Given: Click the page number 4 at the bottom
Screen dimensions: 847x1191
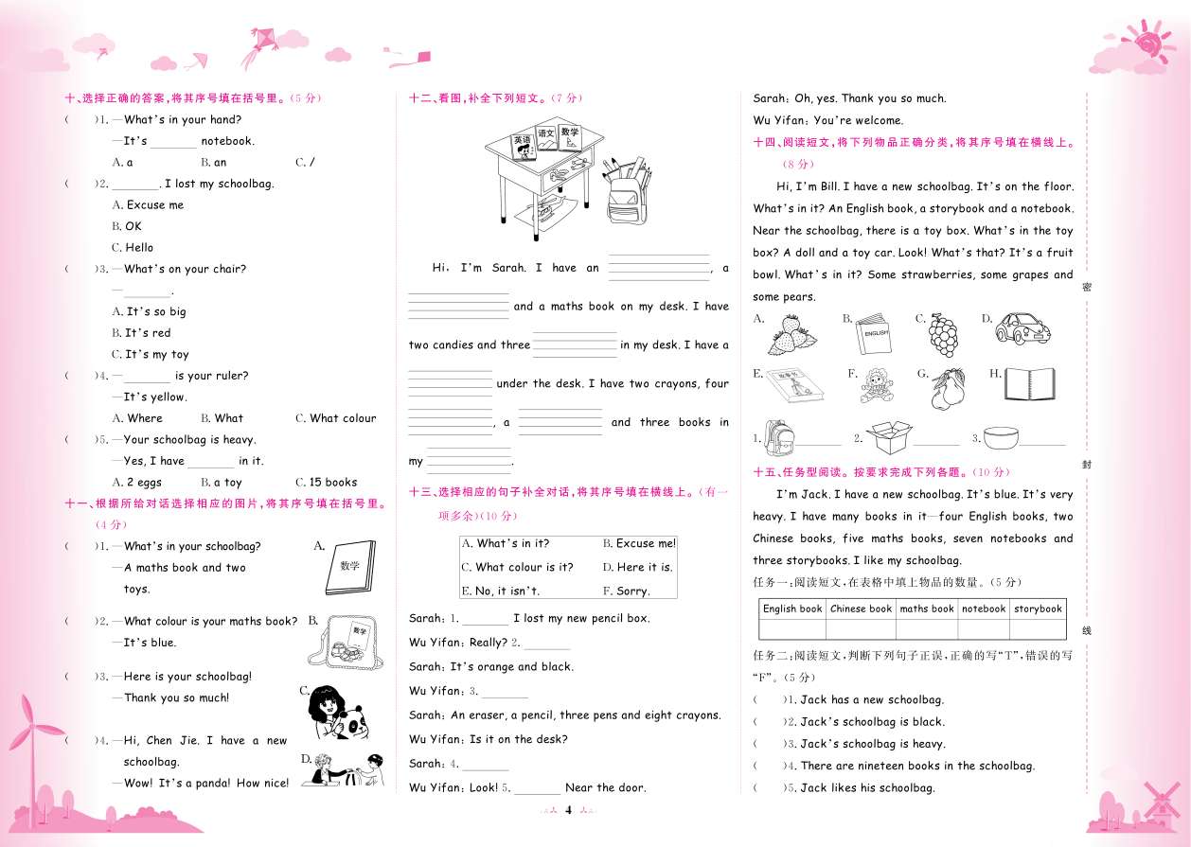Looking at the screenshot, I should (568, 810).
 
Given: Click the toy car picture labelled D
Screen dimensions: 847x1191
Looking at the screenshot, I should (1022, 328).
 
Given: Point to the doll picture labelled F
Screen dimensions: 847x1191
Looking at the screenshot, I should (876, 386).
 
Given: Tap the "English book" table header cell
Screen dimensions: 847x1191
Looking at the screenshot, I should (792, 609).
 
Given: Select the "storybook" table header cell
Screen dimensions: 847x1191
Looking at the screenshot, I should (1038, 609).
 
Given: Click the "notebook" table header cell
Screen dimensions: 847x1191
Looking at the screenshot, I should (984, 609).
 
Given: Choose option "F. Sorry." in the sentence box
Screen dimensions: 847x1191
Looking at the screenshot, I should (626, 591).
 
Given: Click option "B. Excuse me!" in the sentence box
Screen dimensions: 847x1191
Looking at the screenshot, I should (639, 543).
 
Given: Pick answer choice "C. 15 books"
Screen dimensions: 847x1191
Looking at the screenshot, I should (327, 482).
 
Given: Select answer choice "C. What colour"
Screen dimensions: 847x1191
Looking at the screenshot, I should (336, 417).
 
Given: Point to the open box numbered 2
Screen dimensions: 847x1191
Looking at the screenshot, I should (889, 437).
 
